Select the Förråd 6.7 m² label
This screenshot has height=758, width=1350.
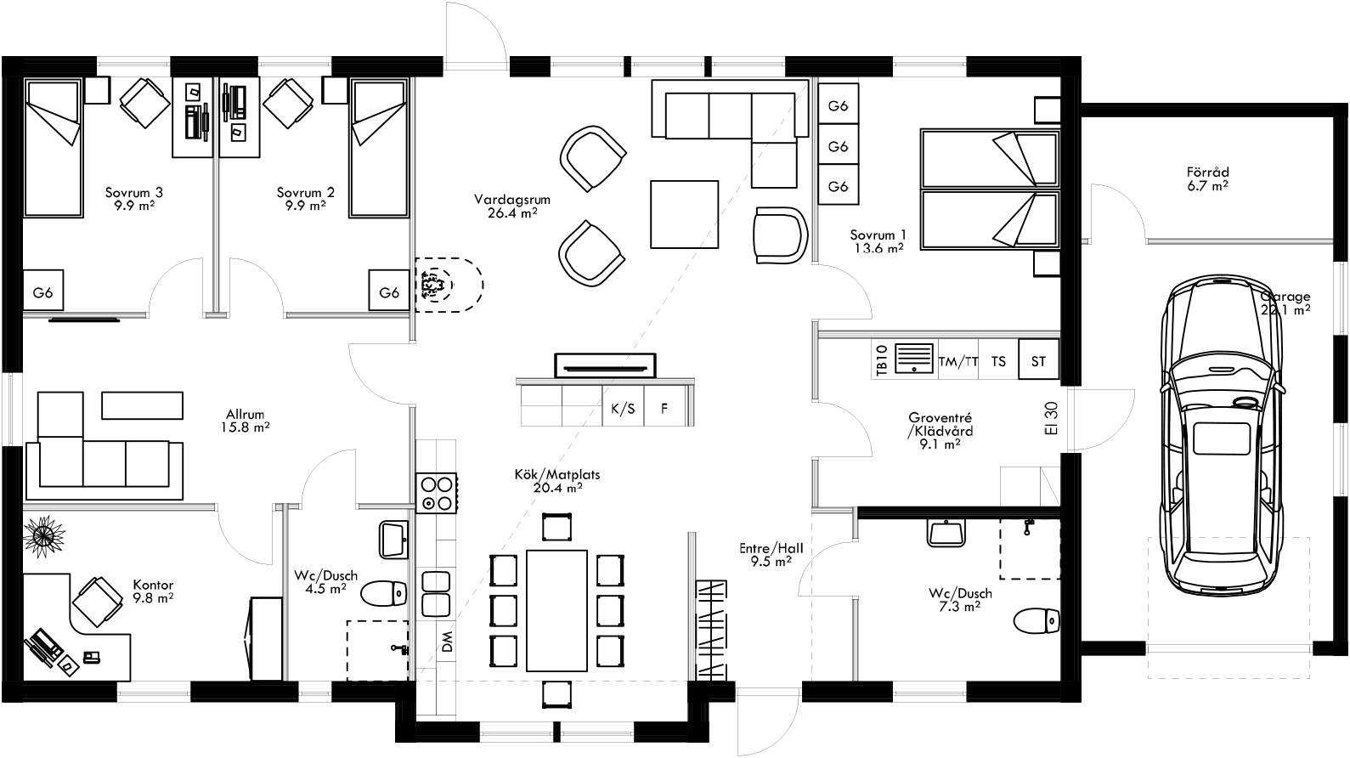(1207, 178)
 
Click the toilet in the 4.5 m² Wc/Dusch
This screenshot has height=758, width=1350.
(383, 593)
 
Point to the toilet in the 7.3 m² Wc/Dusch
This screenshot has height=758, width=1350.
(1036, 620)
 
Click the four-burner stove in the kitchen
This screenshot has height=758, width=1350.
(436, 493)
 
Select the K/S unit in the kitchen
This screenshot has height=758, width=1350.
(623, 409)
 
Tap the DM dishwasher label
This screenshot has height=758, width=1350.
(448, 641)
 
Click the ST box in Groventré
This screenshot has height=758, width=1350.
(1038, 361)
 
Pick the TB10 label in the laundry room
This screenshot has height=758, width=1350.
(881, 360)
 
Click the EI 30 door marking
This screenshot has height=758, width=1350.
(1052, 418)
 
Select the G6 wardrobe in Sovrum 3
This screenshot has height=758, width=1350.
(43, 293)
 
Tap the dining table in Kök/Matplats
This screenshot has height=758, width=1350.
(556, 610)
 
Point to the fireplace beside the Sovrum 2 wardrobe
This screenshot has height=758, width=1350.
(445, 285)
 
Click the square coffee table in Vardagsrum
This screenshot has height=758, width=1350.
(685, 214)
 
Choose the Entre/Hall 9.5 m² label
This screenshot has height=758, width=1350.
(771, 555)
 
